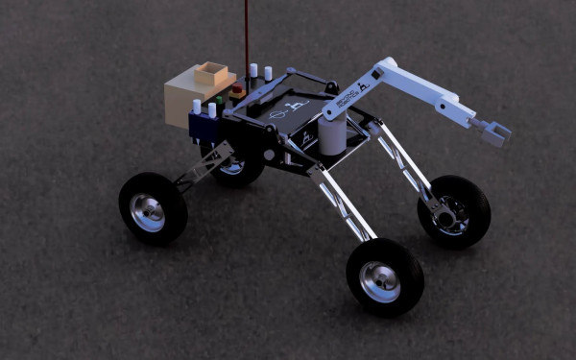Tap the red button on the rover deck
pos(236,92)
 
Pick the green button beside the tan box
pos(220,99)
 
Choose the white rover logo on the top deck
pos(296,106)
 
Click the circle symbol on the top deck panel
pos(276,114)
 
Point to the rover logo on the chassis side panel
pos(305,140)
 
